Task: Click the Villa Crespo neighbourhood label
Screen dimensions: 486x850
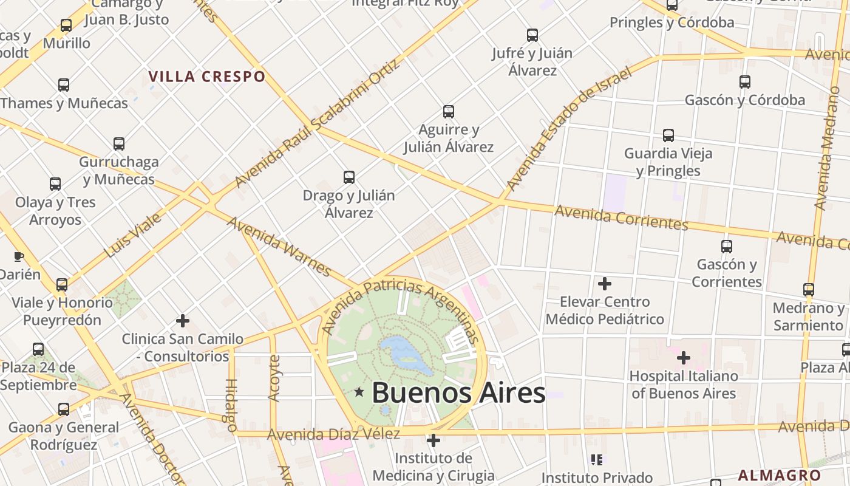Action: (x=207, y=77)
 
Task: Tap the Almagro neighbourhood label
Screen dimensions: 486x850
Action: (x=780, y=476)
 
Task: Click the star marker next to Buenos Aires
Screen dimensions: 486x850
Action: (x=359, y=392)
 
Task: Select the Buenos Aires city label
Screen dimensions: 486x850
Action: (x=458, y=392)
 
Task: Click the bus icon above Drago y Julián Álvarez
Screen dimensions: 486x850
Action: (x=349, y=177)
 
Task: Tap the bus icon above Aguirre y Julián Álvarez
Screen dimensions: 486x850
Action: (x=449, y=112)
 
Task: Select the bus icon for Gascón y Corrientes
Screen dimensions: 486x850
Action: (x=726, y=247)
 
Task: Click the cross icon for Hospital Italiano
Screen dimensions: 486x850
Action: (x=684, y=358)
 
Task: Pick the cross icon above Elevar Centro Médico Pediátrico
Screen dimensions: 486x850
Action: (x=605, y=284)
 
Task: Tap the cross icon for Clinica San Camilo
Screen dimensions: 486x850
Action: (x=183, y=321)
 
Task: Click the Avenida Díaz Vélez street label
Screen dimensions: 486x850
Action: (x=333, y=434)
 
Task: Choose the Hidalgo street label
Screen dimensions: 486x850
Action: (x=231, y=405)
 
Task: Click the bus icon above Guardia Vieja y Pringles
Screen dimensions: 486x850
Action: (x=668, y=135)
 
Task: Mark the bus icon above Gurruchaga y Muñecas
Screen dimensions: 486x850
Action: (x=119, y=144)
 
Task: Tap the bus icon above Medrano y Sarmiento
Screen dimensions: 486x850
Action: (x=809, y=290)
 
